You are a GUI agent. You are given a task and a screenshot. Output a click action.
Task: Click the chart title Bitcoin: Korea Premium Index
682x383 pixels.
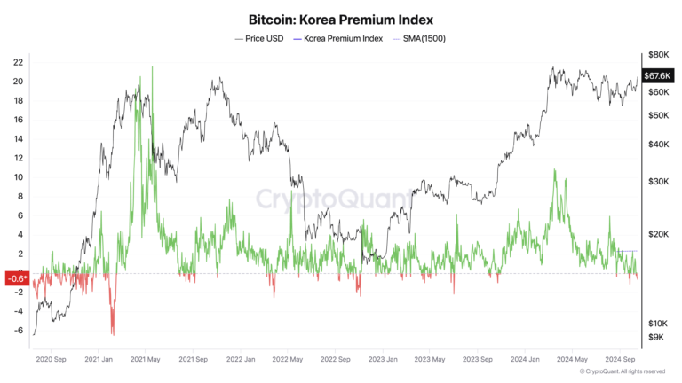(x=341, y=19)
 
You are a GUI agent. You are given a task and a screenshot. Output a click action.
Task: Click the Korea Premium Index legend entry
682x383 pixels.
(x=343, y=39)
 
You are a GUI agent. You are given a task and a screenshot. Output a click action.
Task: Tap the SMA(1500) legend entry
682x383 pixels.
(x=424, y=39)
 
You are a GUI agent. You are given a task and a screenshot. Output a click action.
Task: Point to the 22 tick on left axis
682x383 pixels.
(x=18, y=62)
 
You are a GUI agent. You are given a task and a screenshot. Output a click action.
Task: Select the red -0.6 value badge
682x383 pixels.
(x=17, y=278)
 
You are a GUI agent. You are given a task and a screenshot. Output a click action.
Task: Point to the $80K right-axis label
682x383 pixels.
(x=657, y=55)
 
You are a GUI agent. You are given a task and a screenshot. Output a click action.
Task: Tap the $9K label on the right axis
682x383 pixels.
(x=655, y=337)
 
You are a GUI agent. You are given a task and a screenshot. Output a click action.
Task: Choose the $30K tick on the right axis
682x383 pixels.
(x=657, y=182)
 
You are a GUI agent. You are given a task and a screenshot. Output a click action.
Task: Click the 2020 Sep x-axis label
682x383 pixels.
(x=50, y=360)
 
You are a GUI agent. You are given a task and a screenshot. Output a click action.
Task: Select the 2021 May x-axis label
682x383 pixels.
(x=143, y=360)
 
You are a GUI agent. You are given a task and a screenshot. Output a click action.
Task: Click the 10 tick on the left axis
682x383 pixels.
(x=18, y=177)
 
